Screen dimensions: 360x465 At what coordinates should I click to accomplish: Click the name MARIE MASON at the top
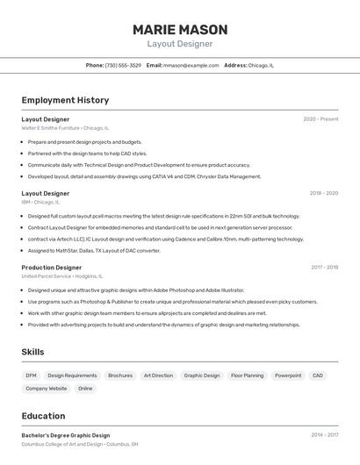pyautogui.click(x=180, y=29)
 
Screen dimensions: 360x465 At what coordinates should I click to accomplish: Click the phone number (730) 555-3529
pyautogui.click(x=123, y=65)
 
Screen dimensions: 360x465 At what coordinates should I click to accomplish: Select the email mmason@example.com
pyautogui.click(x=191, y=65)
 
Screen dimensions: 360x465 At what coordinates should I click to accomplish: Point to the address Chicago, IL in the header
pyautogui.click(x=261, y=65)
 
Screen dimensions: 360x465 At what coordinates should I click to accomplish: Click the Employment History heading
pyautogui.click(x=65, y=100)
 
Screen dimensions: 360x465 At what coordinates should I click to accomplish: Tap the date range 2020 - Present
pyautogui.click(x=320, y=119)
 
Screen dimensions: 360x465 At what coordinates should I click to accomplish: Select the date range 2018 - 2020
pyautogui.click(x=324, y=193)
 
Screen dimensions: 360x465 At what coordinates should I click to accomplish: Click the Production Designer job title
pyautogui.click(x=52, y=267)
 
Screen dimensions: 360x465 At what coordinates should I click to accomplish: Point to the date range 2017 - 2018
pyautogui.click(x=324, y=267)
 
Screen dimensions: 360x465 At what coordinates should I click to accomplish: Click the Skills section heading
pyautogui.click(x=32, y=352)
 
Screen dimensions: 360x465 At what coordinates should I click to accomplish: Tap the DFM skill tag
pyautogui.click(x=31, y=376)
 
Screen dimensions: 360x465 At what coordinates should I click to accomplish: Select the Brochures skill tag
pyautogui.click(x=120, y=376)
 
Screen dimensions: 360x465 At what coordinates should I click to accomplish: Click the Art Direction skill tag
pyautogui.click(x=158, y=376)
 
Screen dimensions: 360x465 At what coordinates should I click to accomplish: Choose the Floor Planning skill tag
pyautogui.click(x=247, y=376)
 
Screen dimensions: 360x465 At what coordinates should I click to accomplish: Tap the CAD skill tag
pyautogui.click(x=318, y=376)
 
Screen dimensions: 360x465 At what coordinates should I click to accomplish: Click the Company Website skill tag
pyautogui.click(x=46, y=389)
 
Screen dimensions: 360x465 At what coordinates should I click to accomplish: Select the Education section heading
pyautogui.click(x=43, y=416)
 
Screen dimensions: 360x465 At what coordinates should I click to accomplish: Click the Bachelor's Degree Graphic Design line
pyautogui.click(x=66, y=435)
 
